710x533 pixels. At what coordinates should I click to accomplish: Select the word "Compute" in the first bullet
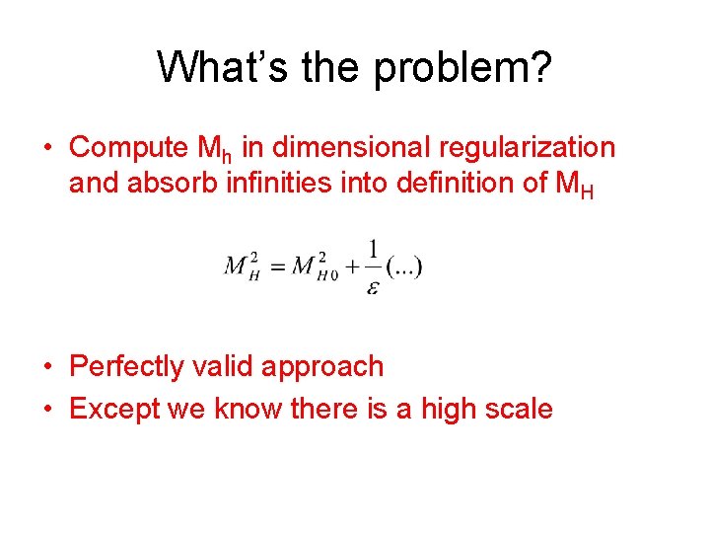(x=129, y=148)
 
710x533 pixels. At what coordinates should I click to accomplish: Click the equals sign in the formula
(x=277, y=267)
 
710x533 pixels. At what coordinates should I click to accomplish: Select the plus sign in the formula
(x=350, y=267)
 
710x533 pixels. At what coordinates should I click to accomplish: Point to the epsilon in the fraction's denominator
(x=372, y=287)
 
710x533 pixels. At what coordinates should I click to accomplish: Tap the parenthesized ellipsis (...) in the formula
(x=404, y=267)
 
